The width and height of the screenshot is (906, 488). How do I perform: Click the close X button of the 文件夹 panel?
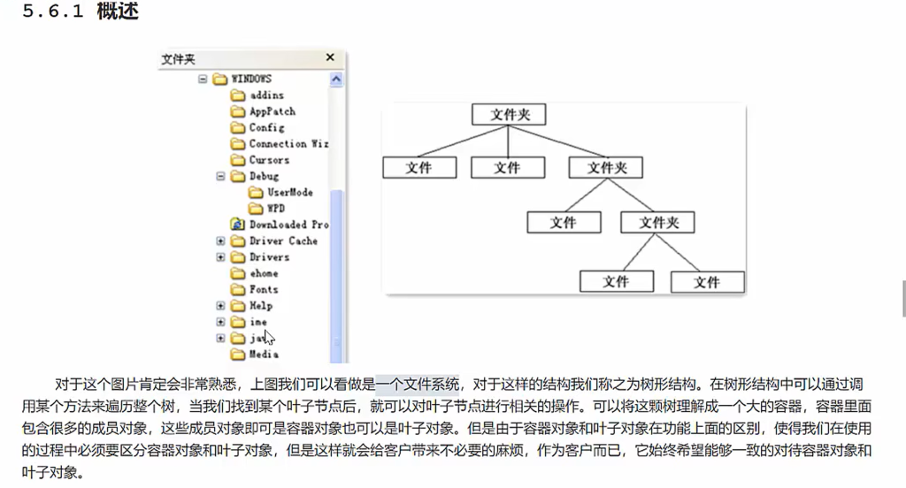tap(331, 58)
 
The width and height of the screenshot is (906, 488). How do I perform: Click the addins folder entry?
tap(266, 95)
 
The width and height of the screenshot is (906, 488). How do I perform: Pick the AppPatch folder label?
tap(272, 111)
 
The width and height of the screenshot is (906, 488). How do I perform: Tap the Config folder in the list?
tap(266, 127)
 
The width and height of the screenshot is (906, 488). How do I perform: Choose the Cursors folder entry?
tap(269, 160)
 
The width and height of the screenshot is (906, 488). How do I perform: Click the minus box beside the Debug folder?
tap(221, 176)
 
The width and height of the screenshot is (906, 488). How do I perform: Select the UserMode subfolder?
tap(289, 192)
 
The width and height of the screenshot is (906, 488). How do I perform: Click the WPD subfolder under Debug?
tap(276, 209)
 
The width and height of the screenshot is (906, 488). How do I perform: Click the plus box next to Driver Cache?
tap(221, 240)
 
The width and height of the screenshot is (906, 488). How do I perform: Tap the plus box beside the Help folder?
tap(221, 306)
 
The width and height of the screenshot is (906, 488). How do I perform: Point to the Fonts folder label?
tap(264, 289)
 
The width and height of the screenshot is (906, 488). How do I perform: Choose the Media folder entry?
tap(264, 355)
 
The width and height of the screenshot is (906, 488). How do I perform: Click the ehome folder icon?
tap(237, 273)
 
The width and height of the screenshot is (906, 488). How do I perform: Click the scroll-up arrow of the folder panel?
tap(336, 79)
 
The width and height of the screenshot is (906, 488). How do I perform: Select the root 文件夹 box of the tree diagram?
tap(509, 115)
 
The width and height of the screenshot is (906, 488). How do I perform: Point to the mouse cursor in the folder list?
tap(269, 336)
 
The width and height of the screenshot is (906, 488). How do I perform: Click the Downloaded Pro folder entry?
tap(288, 225)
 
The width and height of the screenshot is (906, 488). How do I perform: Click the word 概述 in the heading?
tap(118, 13)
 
